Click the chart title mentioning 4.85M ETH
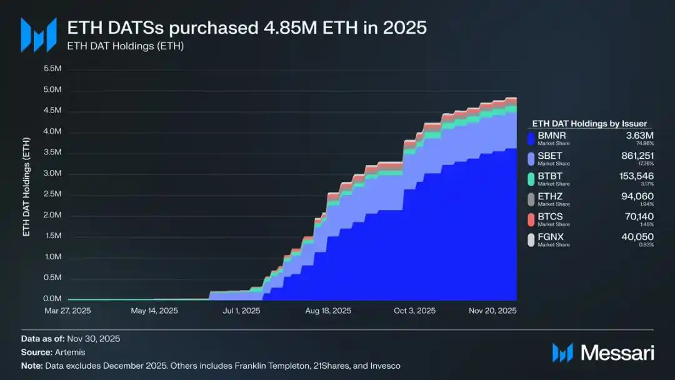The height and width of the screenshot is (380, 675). pos(247,28)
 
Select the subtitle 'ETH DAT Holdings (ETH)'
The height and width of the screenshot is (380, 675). pos(126,46)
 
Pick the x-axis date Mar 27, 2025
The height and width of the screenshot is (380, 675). pos(67,311)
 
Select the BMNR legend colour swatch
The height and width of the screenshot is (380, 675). pos(531,137)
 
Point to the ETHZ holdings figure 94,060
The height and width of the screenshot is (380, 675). pos(639,196)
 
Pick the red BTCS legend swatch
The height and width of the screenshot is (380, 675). pos(531,219)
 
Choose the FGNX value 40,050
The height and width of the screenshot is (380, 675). pos(639,237)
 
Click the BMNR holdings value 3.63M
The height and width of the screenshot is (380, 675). pos(641,135)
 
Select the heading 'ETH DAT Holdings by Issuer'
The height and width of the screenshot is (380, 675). pos(589,124)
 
